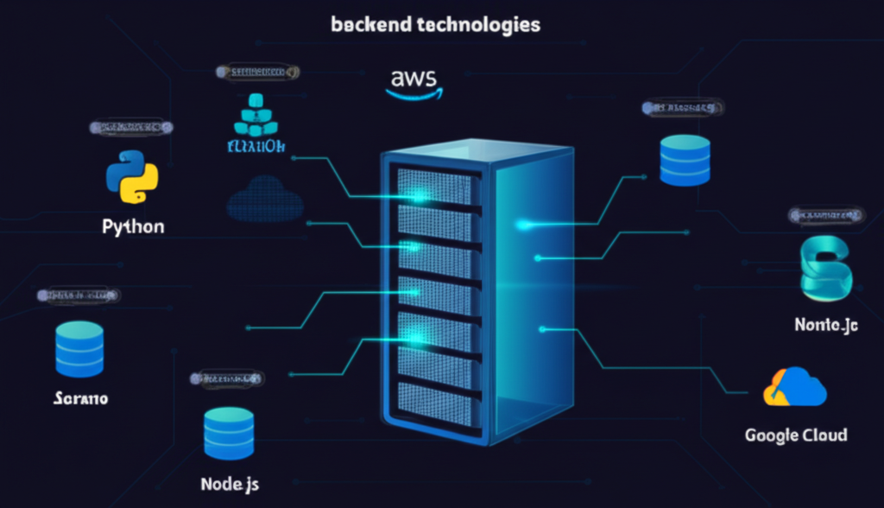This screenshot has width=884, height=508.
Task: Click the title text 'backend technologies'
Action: click(435, 24)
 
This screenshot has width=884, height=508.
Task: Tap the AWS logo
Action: click(414, 79)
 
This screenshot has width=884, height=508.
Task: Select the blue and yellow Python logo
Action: click(131, 177)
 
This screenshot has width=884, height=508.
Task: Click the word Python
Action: click(133, 227)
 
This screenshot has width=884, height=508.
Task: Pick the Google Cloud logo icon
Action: click(795, 388)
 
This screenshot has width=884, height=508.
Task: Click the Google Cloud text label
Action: click(795, 435)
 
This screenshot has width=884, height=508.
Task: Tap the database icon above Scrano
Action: click(79, 349)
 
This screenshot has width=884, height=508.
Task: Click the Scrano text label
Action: click(79, 399)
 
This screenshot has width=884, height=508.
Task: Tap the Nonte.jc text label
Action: click(826, 326)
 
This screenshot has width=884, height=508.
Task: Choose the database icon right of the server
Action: click(685, 160)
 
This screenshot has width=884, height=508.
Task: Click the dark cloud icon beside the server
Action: click(265, 200)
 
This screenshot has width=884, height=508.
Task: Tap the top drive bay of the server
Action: click(434, 184)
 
